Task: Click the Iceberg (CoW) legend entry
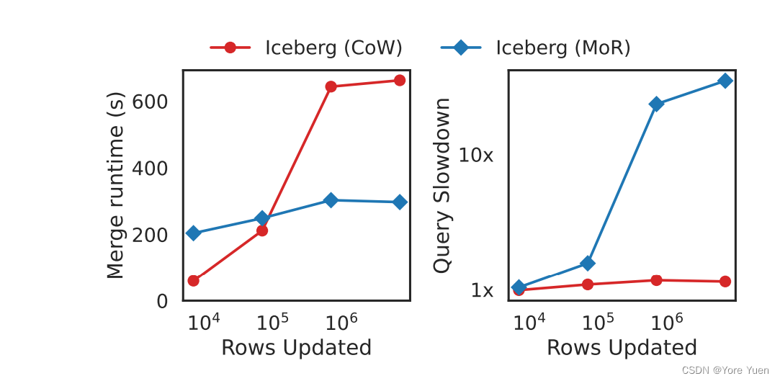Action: click(x=306, y=48)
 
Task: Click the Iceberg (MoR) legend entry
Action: click(x=536, y=48)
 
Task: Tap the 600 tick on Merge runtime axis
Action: click(x=152, y=102)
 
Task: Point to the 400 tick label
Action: click(x=152, y=169)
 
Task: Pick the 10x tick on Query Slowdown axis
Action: click(x=476, y=155)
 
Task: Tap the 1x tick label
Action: click(x=482, y=291)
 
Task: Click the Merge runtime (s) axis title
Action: click(x=116, y=185)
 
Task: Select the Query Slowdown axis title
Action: click(x=442, y=185)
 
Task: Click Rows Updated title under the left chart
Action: click(x=296, y=348)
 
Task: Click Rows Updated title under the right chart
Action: click(x=622, y=348)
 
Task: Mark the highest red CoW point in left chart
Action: click(x=400, y=81)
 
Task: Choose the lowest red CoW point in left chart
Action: click(x=193, y=280)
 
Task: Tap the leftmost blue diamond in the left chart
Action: click(x=193, y=233)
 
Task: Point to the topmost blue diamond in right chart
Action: click(x=725, y=81)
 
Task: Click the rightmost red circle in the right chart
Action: click(x=725, y=282)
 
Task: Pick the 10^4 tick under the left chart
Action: click(x=203, y=321)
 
